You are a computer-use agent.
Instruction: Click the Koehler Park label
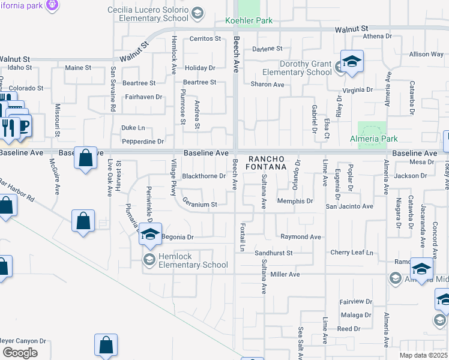(249, 21)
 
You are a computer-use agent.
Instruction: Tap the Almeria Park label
(374, 139)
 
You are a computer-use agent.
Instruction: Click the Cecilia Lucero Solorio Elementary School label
(148, 14)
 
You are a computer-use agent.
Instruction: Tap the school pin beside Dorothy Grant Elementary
(352, 61)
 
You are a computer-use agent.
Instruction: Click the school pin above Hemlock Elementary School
(151, 234)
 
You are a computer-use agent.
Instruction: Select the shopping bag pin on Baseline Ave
(86, 158)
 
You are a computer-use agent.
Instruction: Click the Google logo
(20, 353)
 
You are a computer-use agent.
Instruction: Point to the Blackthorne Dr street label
(203, 176)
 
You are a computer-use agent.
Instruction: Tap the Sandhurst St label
(273, 253)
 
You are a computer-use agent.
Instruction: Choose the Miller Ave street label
(285, 274)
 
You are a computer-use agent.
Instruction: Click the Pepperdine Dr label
(143, 142)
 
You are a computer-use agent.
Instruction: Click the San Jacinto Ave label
(349, 206)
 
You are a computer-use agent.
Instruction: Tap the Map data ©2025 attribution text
(424, 355)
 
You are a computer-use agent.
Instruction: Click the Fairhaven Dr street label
(143, 97)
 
